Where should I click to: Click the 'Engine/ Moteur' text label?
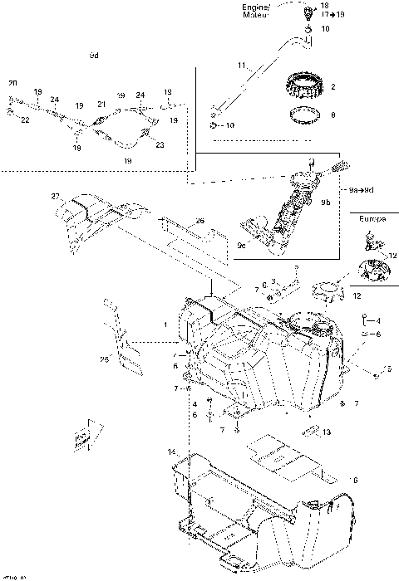point(257,11)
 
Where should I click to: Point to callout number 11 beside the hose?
point(242,66)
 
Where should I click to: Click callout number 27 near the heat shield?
point(55,197)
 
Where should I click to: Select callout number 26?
point(199,221)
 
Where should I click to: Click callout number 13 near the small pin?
point(328,432)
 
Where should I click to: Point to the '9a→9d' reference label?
point(361,190)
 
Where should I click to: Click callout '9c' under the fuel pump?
point(242,245)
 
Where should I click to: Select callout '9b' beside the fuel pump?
point(327,202)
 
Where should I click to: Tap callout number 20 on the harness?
point(12,84)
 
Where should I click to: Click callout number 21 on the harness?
point(101,105)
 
